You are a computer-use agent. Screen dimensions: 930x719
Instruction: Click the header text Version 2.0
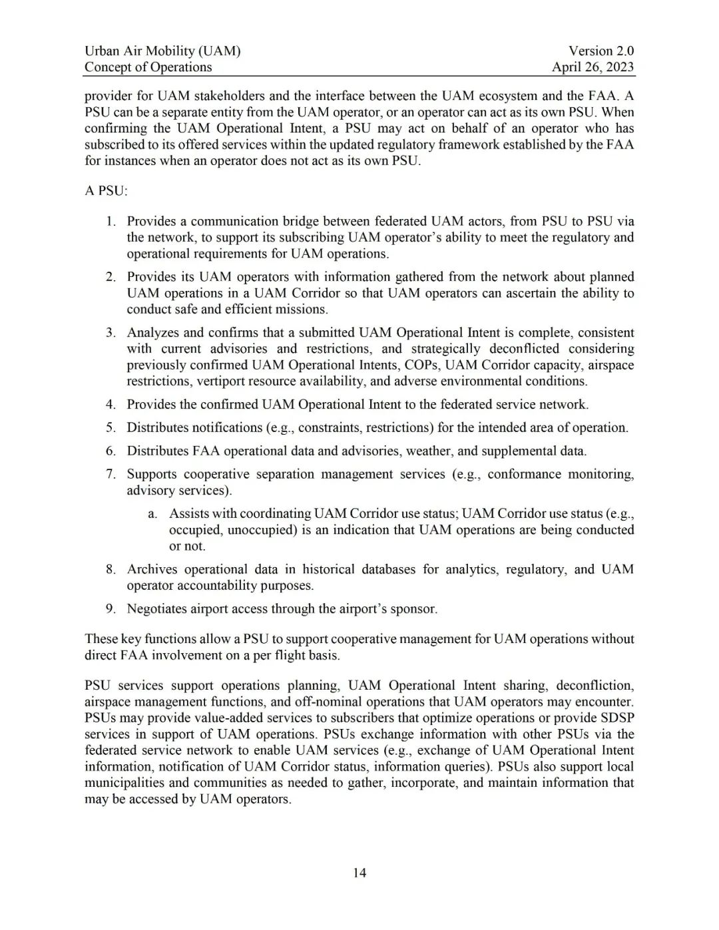click(600, 51)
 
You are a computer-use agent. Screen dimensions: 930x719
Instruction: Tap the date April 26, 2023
click(593, 67)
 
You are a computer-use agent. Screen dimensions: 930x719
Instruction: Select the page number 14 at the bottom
click(359, 873)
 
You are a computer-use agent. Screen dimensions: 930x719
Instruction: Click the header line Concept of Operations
click(148, 67)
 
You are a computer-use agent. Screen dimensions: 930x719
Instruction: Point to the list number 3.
click(111, 333)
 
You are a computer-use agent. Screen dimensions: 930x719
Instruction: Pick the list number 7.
click(111, 474)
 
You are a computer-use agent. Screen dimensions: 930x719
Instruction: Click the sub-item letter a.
click(152, 514)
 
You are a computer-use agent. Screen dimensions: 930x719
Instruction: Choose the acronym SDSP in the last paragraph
click(616, 718)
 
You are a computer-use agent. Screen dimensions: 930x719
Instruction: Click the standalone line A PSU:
click(106, 191)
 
